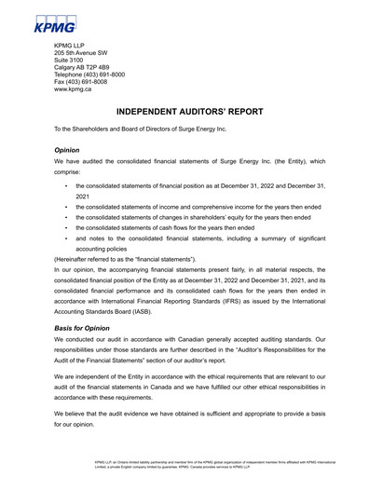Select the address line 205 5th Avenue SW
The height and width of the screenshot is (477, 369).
[x=89, y=54]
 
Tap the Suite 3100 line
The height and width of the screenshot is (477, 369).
[x=72, y=63]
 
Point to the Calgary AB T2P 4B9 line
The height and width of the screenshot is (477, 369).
[x=87, y=72]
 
